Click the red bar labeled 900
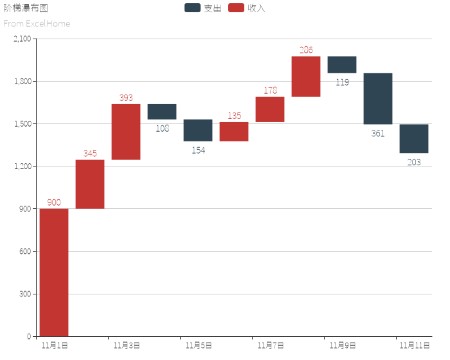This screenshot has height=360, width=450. click(x=54, y=272)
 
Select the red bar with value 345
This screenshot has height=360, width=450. click(x=90, y=184)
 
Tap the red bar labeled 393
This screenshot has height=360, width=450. click(x=126, y=132)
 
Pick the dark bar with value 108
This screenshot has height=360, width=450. click(x=162, y=111)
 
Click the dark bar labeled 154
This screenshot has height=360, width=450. click(x=198, y=130)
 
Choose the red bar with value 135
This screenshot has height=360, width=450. click(x=234, y=131)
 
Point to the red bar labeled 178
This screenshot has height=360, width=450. click(x=270, y=109)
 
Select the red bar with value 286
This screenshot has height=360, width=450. click(x=306, y=76)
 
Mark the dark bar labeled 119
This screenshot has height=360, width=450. click(x=342, y=64)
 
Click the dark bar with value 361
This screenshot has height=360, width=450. click(x=378, y=98)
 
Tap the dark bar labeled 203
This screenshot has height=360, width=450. click(x=414, y=139)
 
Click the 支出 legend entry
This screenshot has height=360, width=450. click(x=203, y=8)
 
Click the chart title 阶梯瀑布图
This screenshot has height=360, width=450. click(x=26, y=8)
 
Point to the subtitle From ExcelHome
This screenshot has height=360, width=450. click(x=37, y=24)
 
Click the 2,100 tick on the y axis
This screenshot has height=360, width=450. click(x=22, y=39)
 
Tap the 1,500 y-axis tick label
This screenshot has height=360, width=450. click(x=22, y=124)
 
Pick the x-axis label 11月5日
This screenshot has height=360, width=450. click(x=199, y=346)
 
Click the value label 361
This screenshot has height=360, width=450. click(x=378, y=134)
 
